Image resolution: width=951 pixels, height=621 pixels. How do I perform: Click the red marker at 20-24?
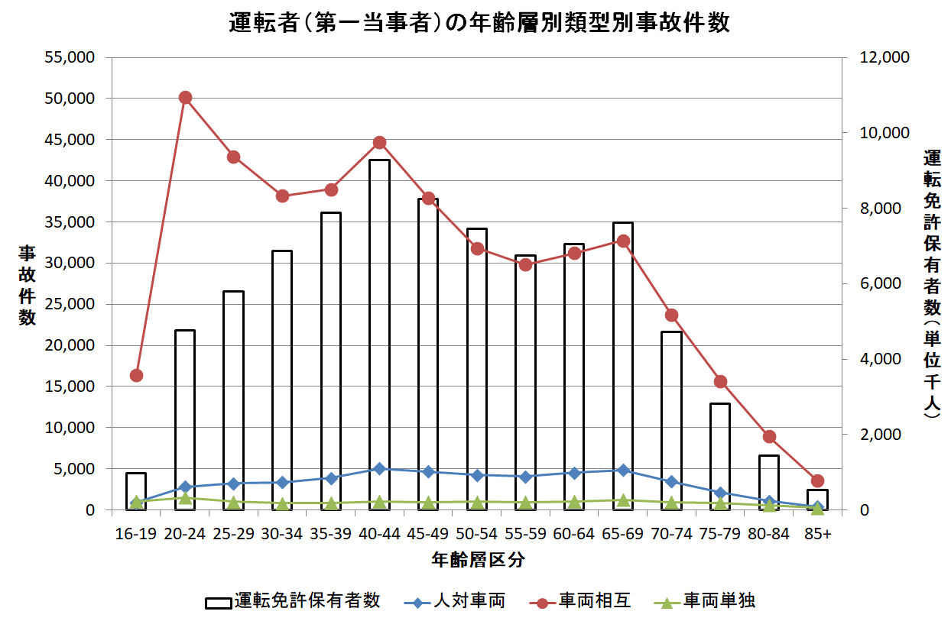tap(185, 97)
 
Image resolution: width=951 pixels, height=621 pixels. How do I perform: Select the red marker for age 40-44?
tap(379, 143)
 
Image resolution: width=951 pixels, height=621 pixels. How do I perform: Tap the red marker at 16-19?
tap(136, 375)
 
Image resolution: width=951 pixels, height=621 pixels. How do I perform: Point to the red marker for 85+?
tap(817, 480)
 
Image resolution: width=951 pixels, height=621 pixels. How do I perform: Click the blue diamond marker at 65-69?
tap(623, 471)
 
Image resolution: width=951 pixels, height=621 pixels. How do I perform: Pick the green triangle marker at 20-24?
tap(185, 497)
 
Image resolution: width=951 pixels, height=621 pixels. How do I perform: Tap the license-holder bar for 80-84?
tap(768, 482)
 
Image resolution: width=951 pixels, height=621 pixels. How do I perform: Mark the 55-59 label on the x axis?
tap(525, 535)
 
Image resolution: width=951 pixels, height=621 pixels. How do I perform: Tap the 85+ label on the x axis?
tap(817, 535)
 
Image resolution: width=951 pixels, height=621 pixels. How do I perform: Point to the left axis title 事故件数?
tap(27, 275)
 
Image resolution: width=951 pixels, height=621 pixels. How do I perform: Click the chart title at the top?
tap(479, 23)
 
